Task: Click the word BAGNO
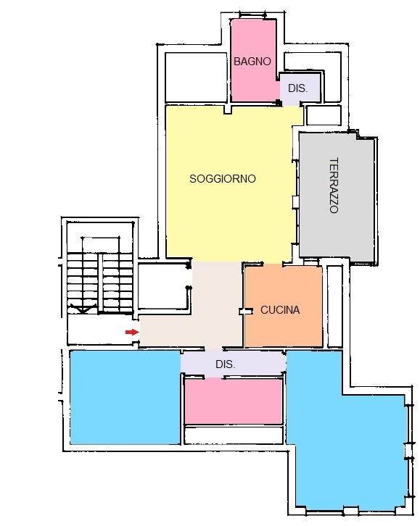click(252, 62)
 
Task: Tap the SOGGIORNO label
click(222, 178)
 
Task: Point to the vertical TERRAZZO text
click(334, 185)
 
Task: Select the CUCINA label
click(280, 310)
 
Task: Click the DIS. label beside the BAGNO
click(297, 88)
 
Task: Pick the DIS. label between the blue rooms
click(225, 364)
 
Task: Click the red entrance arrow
click(131, 332)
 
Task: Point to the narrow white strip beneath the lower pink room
click(233, 435)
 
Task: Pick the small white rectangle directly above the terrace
click(324, 115)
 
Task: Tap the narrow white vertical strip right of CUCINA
click(334, 304)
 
